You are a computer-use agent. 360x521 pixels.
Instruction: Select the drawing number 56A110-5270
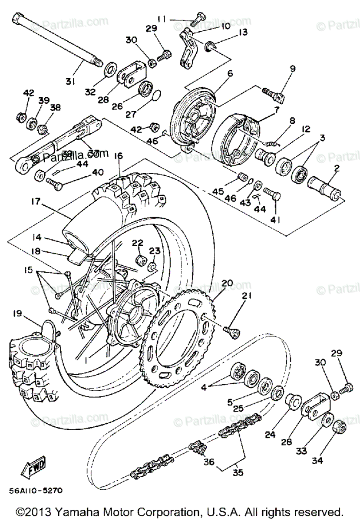(x=35, y=491)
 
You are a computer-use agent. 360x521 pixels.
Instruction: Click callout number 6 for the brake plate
(x=230, y=73)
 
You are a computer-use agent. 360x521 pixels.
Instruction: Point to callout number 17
(x=36, y=201)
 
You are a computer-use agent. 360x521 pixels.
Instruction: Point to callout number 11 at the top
(x=162, y=20)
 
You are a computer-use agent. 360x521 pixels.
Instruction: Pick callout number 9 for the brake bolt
(x=292, y=68)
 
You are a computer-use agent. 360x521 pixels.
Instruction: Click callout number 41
(x=275, y=220)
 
